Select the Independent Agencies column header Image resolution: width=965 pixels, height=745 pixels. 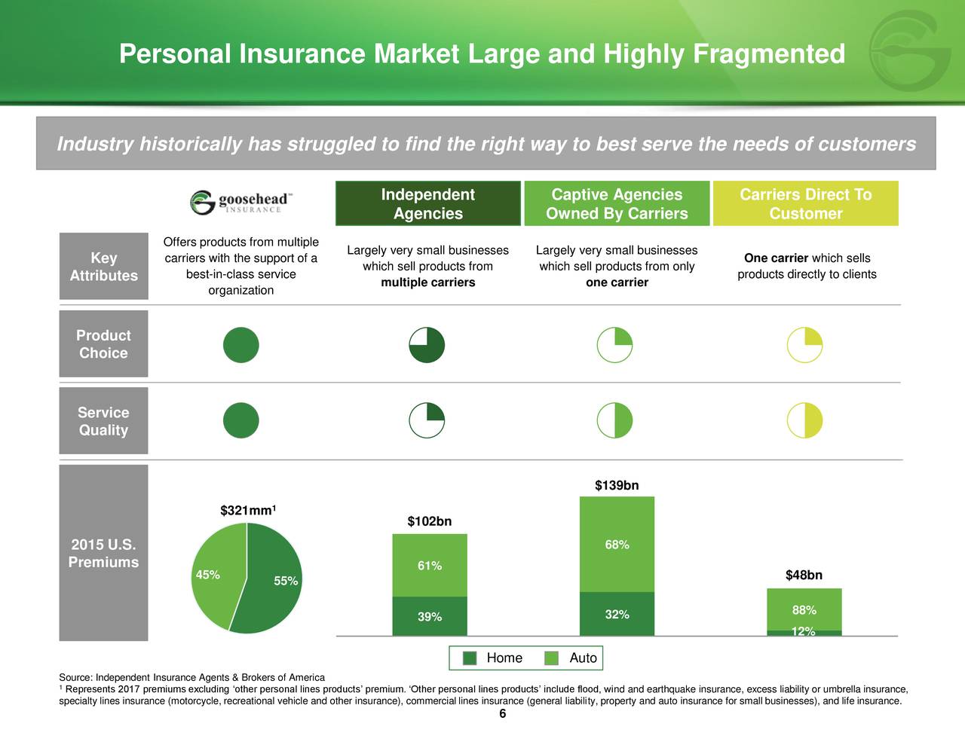427,204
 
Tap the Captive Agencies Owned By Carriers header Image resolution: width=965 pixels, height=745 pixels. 617,204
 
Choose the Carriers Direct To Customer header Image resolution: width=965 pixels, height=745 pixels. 805,204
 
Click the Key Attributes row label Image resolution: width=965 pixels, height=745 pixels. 103,267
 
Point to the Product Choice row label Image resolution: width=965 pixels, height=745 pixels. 103,344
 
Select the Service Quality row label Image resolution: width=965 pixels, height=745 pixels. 103,421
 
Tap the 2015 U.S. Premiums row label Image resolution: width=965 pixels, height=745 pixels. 103,554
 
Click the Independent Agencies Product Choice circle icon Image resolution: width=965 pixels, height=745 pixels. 427,345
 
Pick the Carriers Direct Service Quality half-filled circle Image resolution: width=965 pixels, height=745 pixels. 804,420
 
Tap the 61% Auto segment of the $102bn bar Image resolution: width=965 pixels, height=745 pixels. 430,566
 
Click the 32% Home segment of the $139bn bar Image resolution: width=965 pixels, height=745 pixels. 617,615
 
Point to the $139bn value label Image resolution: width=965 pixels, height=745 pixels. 617,486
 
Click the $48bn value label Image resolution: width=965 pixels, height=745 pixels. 804,576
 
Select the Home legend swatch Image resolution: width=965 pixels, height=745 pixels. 470,658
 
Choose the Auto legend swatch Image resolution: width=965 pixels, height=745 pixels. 552,658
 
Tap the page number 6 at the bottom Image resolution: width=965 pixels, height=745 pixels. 502,715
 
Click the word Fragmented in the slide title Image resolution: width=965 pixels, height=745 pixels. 768,54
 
